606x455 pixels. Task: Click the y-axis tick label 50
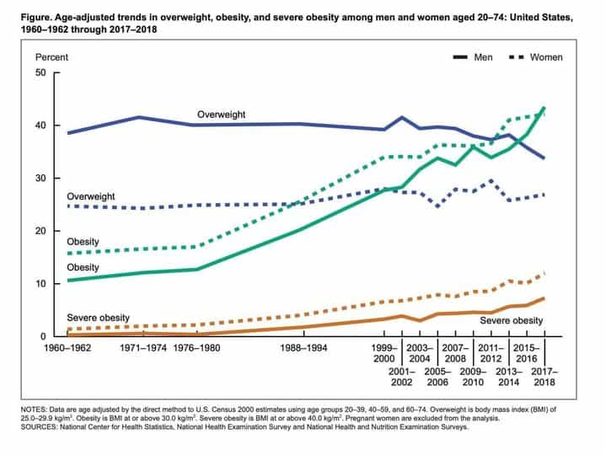click(41, 72)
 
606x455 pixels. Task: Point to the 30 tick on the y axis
click(41, 178)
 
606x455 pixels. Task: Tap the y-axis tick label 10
click(41, 284)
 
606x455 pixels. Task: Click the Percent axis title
click(51, 57)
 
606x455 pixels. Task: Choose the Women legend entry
click(545, 57)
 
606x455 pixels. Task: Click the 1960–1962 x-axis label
click(67, 347)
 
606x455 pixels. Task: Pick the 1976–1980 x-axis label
click(197, 347)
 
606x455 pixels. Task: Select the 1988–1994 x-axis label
click(301, 347)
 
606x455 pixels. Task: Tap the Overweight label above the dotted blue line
click(92, 196)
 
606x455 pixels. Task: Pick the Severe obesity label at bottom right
click(511, 320)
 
